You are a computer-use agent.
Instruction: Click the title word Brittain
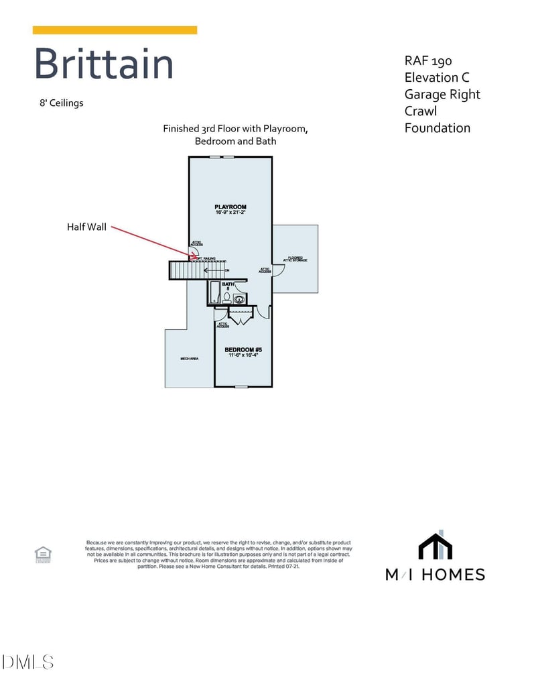104,64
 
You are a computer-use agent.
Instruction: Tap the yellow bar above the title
115,30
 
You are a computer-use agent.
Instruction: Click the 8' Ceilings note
62,103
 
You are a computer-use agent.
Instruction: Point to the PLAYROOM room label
230,207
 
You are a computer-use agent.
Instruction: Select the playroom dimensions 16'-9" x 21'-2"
230,213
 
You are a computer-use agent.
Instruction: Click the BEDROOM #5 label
242,349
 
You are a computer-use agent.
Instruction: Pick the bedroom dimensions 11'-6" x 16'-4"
242,355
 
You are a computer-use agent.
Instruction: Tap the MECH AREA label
190,359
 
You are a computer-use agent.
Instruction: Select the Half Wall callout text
86,227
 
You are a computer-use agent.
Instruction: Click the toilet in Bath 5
227,297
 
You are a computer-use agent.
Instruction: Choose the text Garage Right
442,95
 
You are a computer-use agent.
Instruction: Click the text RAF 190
428,61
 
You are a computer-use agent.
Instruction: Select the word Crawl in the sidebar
421,111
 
